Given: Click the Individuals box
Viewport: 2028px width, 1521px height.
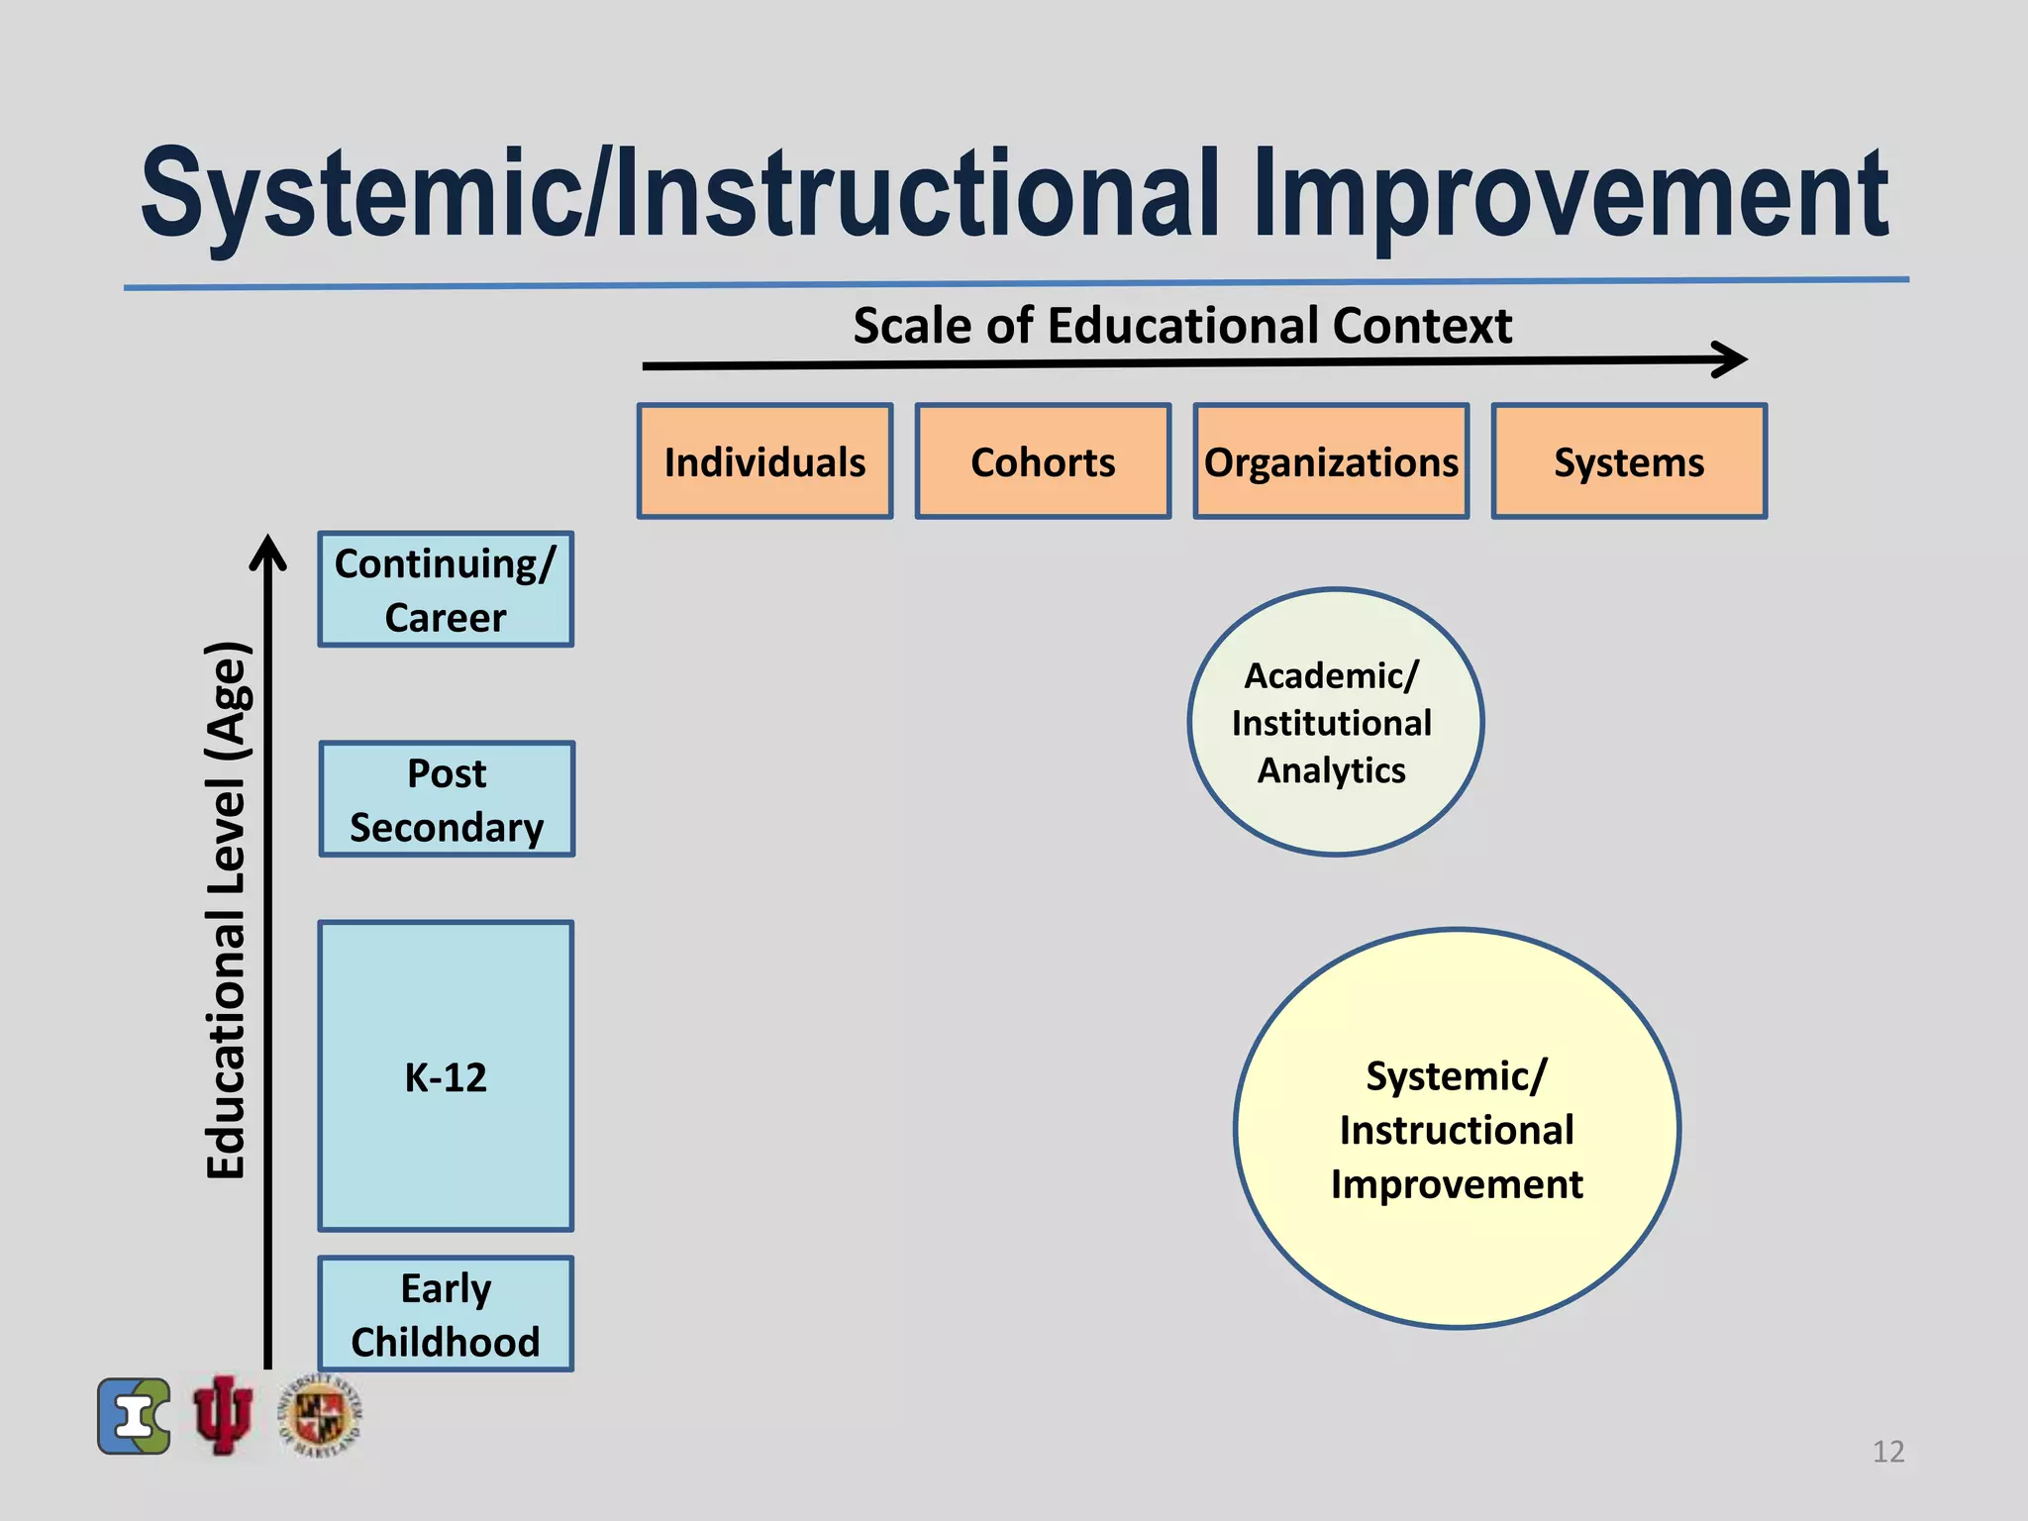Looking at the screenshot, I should tap(764, 461).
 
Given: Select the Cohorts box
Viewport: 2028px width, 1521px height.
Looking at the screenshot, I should tap(1043, 461).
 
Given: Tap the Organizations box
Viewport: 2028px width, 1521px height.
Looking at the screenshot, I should tap(1331, 461).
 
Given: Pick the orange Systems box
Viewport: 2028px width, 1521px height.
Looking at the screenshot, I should tap(1629, 461).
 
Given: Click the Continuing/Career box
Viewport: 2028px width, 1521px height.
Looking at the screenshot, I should tap(446, 589).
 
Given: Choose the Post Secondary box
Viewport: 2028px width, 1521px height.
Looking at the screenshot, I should tap(447, 799).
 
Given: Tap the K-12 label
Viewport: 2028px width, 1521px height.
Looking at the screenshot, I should tap(446, 1077).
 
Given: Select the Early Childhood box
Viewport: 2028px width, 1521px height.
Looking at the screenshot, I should tap(446, 1314).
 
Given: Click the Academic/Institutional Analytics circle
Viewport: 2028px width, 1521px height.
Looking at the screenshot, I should tap(1335, 722).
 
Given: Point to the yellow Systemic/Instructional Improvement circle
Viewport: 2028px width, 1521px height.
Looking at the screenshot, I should tap(1457, 1129).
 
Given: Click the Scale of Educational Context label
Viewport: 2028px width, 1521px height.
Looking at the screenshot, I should tap(1182, 326).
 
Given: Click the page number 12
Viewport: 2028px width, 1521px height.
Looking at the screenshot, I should tap(1888, 1452).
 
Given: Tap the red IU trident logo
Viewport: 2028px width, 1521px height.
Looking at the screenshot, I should tap(223, 1415).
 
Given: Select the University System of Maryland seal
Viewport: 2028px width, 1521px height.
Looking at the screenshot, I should tap(320, 1416).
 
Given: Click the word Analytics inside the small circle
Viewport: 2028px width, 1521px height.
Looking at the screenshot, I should tap(1331, 770).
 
